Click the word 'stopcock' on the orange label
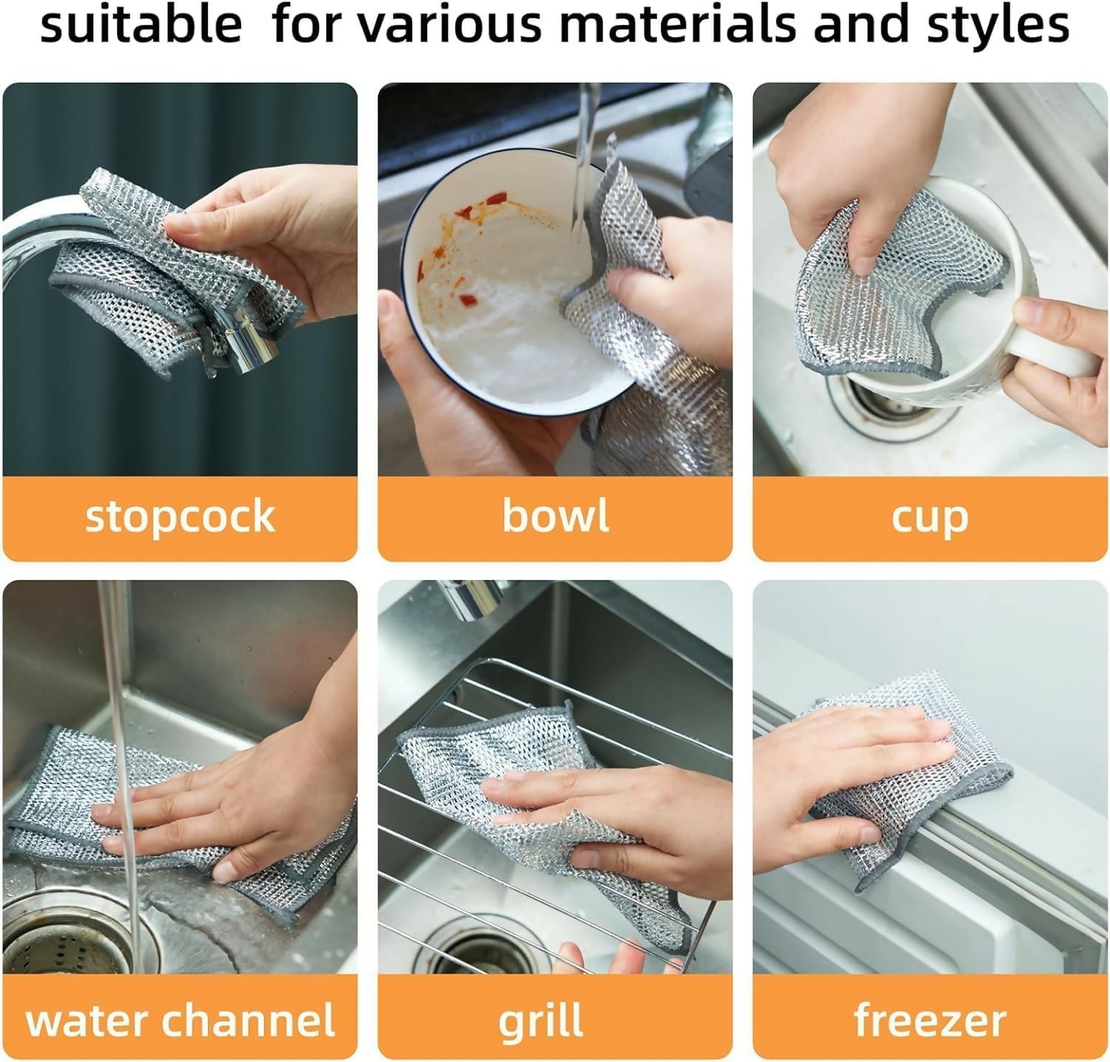(x=180, y=515)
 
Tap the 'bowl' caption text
(x=555, y=515)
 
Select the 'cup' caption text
(x=929, y=518)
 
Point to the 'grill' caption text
(x=541, y=1022)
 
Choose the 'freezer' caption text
(x=929, y=1021)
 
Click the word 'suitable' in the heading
(x=141, y=24)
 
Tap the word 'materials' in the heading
(x=677, y=24)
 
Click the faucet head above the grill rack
(x=474, y=599)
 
